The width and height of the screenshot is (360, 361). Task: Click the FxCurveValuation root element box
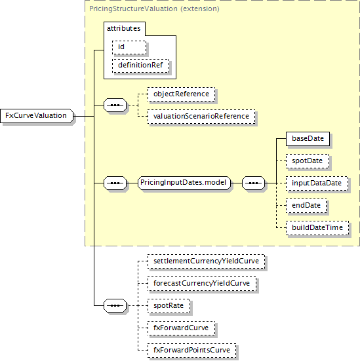37,116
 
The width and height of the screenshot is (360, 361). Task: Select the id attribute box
129,48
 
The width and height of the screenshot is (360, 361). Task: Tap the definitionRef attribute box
140,66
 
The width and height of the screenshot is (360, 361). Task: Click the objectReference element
181,94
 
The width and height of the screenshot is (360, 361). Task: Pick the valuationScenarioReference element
201,117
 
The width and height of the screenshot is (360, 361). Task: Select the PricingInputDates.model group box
184,183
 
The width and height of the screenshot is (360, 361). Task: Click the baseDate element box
308,139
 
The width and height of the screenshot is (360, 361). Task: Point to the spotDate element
308,161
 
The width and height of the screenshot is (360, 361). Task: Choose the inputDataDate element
317,183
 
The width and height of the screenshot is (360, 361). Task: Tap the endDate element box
306,206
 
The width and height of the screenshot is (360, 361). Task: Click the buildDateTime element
317,228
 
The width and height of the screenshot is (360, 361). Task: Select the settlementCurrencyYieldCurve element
207,261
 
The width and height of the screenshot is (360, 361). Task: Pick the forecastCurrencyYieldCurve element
202,284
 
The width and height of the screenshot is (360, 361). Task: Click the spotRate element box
169,306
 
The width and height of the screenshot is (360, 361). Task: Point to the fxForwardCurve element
181,328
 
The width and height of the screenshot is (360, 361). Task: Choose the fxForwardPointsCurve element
192,351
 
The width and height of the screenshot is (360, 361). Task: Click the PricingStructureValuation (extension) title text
154,9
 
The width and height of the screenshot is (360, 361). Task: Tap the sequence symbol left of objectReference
115,105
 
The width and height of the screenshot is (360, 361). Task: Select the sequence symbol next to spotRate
115,306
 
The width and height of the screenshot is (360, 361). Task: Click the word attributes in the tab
123,28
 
